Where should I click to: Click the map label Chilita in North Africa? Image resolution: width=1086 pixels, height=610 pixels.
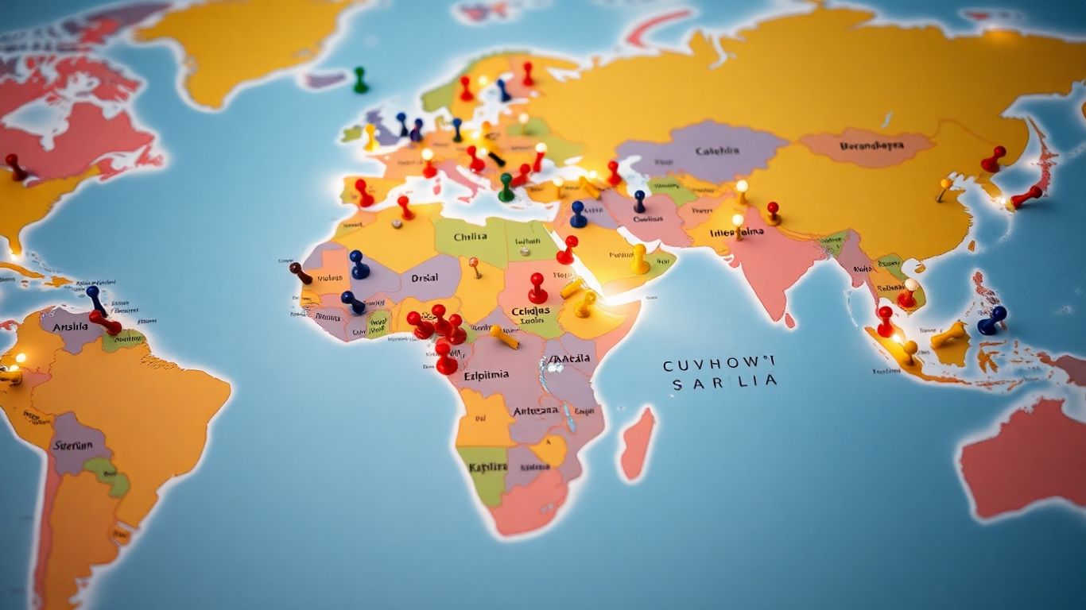tap(471, 237)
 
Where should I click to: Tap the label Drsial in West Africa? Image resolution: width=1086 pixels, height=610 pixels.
tap(425, 279)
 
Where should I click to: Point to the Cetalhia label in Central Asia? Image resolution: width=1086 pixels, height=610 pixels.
tap(716, 151)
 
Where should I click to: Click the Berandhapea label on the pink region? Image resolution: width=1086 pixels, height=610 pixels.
tap(872, 146)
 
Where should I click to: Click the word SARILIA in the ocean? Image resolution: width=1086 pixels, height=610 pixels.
tap(723, 383)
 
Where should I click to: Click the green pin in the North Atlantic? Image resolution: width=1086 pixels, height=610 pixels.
tap(361, 79)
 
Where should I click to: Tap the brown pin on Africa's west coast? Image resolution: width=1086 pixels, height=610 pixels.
tap(300, 272)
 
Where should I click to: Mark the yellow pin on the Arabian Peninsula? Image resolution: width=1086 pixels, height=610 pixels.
tap(639, 258)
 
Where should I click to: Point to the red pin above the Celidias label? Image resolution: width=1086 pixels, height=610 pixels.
tap(538, 288)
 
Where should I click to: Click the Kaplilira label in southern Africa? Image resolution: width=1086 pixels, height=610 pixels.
tap(487, 467)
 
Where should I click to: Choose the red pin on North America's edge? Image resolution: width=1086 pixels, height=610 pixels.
tap(15, 166)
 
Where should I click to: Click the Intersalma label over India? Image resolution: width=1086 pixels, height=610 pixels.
tap(737, 233)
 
